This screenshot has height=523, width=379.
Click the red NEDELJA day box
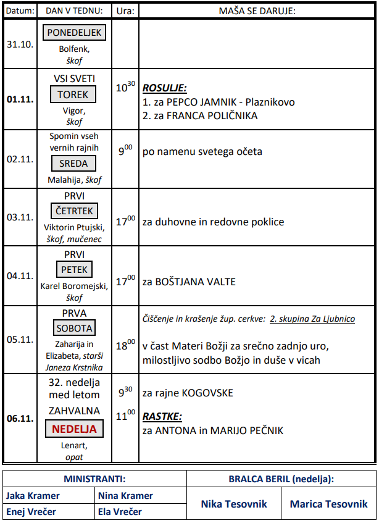[74, 429]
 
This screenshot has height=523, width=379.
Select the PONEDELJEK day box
[74, 33]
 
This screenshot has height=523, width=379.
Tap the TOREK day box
[74, 94]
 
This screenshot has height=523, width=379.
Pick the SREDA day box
[74, 164]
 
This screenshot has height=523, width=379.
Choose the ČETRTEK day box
[74, 211]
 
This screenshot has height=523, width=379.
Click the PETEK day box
[74, 270]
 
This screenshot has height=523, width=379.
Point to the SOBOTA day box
[74, 328]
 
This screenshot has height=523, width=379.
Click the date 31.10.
[19, 44]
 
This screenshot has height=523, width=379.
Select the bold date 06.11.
[19, 418]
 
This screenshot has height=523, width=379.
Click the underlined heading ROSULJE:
[165, 88]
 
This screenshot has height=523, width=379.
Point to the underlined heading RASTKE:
[162, 416]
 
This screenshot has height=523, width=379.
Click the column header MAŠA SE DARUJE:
[257, 10]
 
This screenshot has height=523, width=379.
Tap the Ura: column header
[125, 10]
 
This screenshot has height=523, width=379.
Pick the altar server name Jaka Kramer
[33, 496]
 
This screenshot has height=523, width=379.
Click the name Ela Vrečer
[120, 512]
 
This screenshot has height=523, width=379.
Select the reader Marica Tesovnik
[328, 504]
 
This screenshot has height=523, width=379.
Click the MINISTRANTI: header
[94, 479]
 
